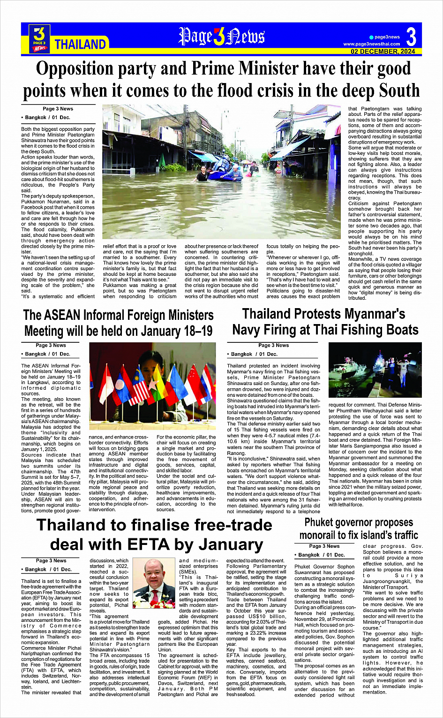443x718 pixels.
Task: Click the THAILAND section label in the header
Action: (80, 45)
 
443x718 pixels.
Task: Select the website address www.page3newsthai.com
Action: (372, 44)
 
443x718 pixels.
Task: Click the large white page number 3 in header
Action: (411, 37)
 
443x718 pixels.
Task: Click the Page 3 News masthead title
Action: (221, 37)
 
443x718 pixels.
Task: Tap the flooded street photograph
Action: (221, 171)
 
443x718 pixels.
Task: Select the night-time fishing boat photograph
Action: (375, 370)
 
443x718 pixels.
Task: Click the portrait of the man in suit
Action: (154, 581)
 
